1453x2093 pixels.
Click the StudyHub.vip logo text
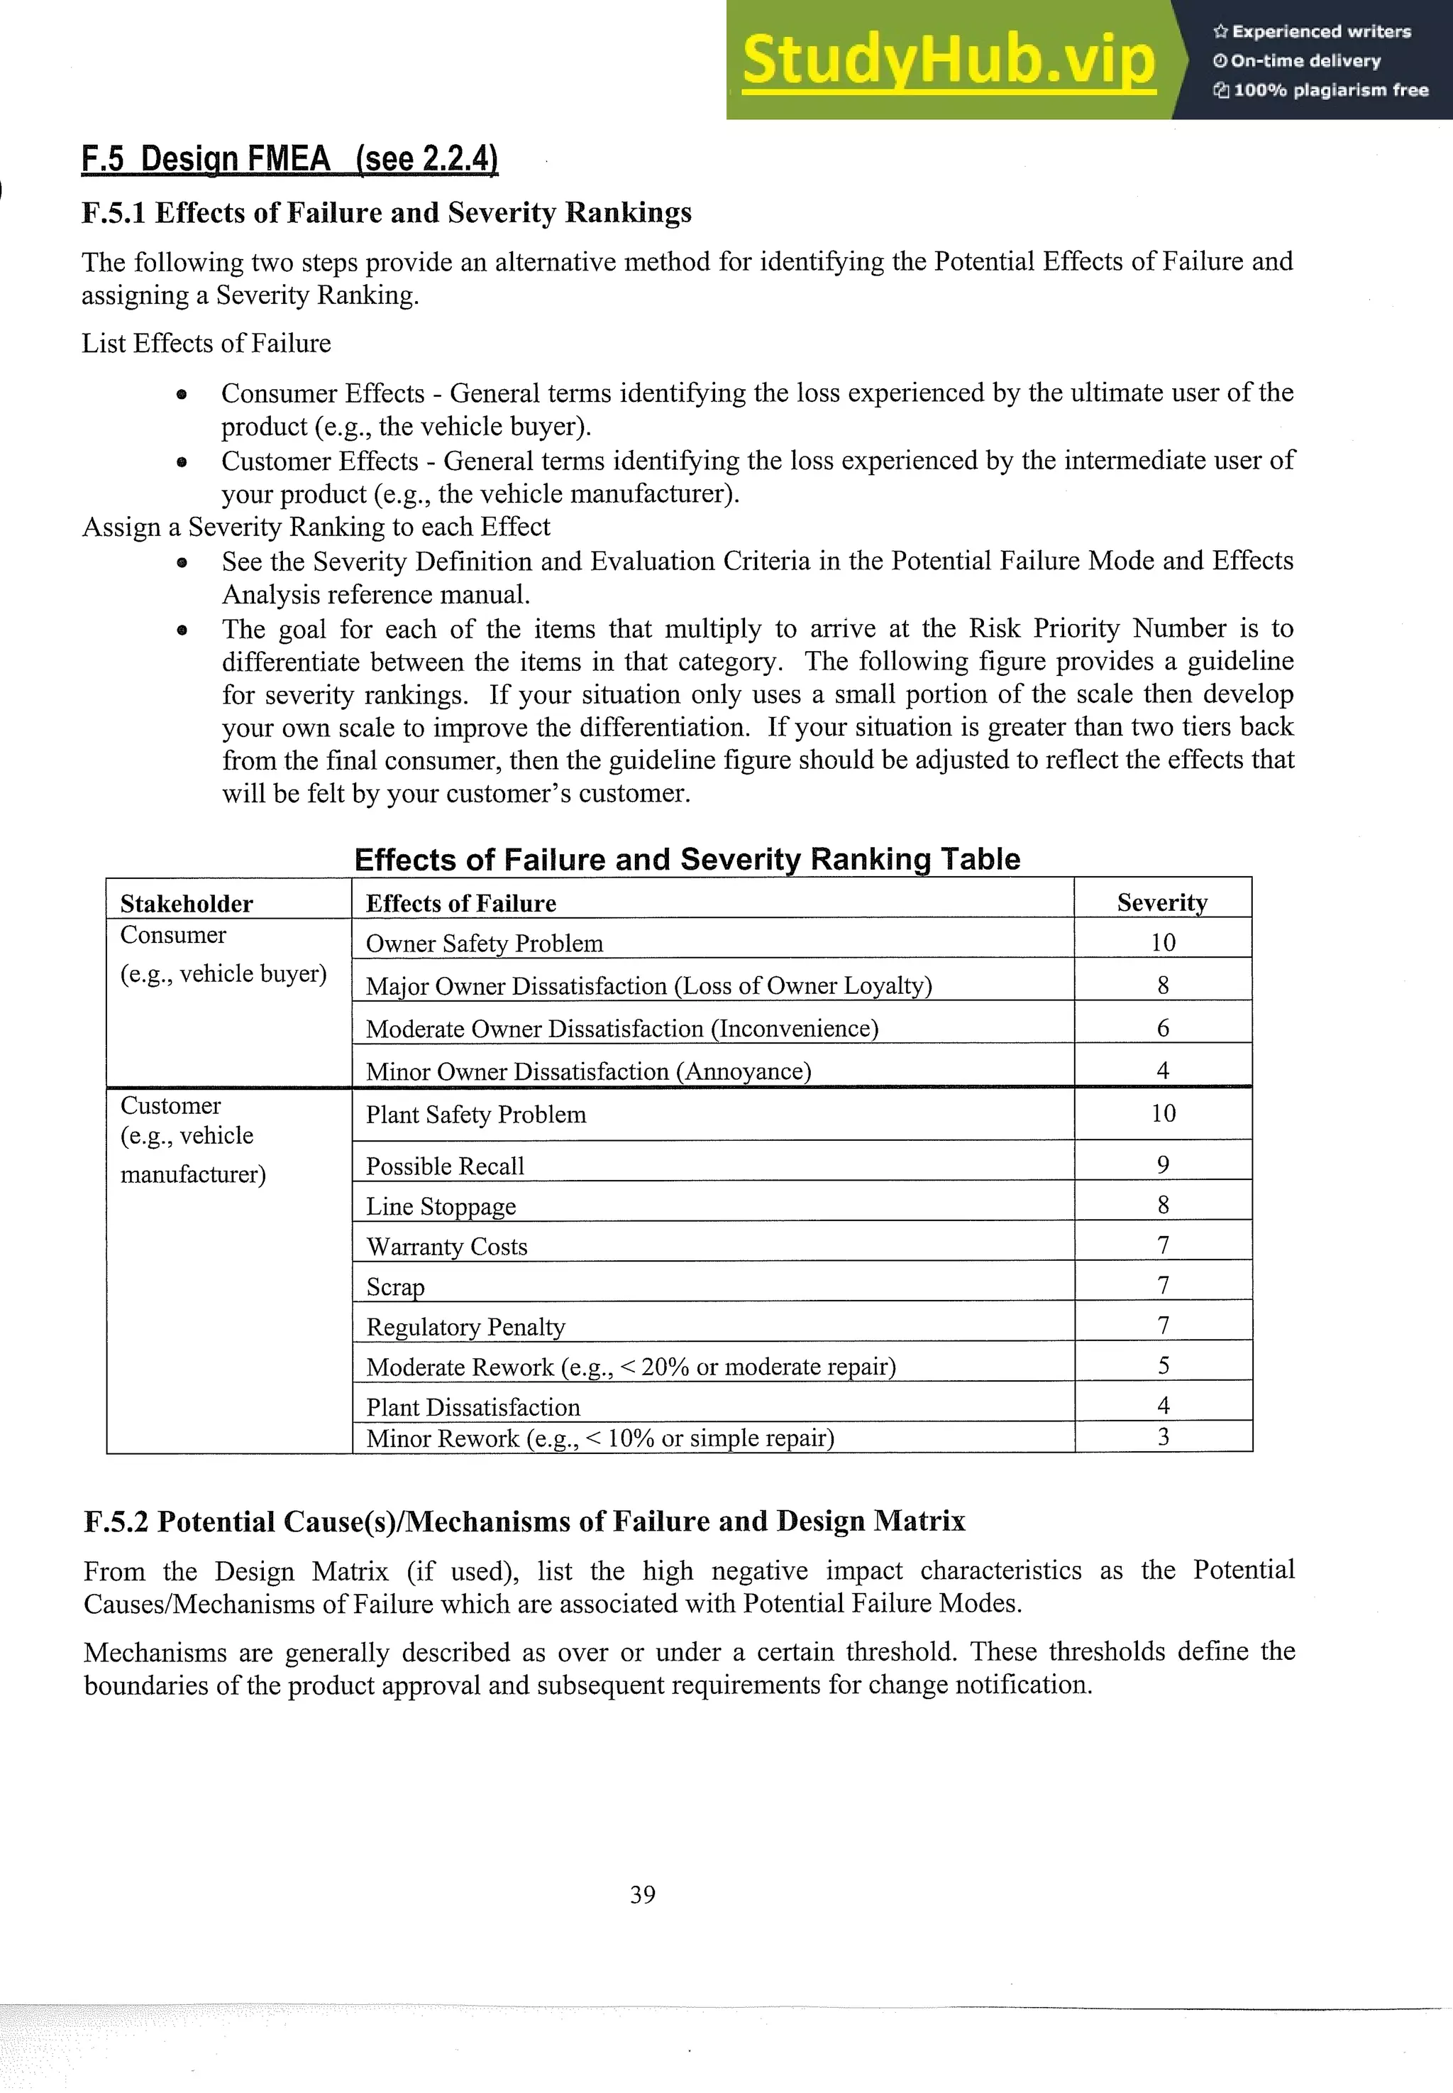(948, 60)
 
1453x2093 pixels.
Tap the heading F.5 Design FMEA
(289, 158)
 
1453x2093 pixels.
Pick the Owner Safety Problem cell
(485, 943)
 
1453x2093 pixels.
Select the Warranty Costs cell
(446, 1246)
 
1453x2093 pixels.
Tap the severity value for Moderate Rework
(1163, 1365)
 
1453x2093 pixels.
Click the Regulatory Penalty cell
(465, 1326)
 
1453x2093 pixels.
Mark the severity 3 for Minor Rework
(1163, 1436)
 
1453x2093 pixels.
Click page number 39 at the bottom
(642, 1893)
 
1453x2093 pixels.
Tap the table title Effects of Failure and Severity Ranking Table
(687, 859)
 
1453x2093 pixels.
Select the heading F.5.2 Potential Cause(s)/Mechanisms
(524, 1521)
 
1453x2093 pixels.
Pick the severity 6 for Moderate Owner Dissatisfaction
(1163, 1027)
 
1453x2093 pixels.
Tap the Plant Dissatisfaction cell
(473, 1406)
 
